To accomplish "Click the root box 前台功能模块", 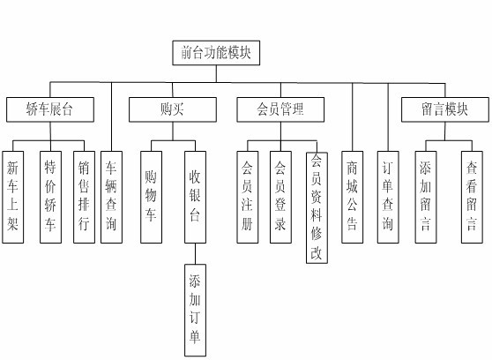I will [215, 53].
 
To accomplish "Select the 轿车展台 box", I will [50, 109].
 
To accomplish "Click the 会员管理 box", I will [280, 109].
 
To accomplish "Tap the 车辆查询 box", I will [112, 194].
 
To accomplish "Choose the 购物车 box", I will [152, 194].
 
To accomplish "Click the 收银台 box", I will [196, 194].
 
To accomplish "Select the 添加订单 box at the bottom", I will [196, 309].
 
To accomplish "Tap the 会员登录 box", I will [280, 194].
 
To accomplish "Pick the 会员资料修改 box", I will [317, 206].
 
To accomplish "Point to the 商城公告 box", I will [353, 194].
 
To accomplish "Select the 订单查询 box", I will [387, 194].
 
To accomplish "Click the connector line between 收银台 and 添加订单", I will [196, 253].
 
